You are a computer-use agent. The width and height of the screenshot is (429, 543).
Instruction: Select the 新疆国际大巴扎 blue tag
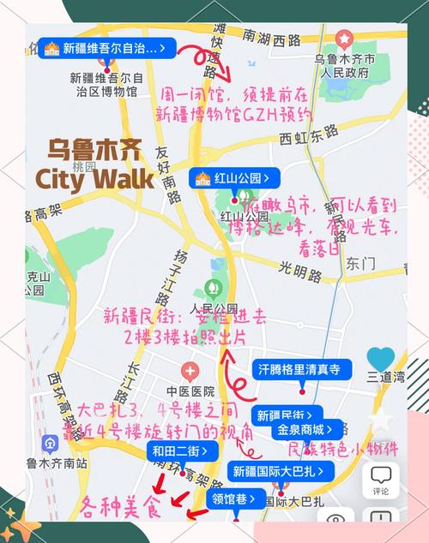[x=274, y=470]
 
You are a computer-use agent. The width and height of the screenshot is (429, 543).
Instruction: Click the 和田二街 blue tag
[x=183, y=451]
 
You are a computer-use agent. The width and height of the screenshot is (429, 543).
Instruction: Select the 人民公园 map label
[x=214, y=308]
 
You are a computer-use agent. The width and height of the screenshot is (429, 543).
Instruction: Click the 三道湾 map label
[x=385, y=376]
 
